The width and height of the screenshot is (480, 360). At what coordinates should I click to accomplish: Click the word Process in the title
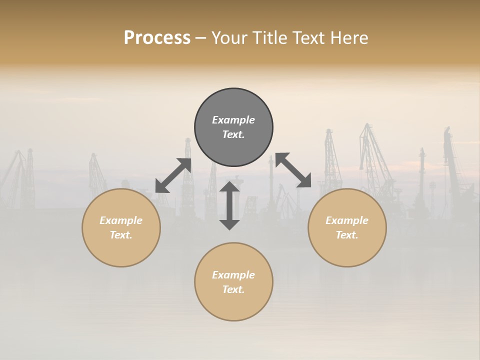157,38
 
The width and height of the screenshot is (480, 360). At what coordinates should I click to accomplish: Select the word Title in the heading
269,38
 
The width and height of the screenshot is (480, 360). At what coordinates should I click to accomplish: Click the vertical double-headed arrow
229,205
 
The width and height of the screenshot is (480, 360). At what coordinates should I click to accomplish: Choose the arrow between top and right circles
293,170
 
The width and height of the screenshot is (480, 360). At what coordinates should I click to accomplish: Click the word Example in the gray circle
233,120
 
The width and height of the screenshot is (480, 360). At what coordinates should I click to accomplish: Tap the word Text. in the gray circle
233,134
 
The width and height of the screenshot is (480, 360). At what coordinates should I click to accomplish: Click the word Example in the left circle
121,220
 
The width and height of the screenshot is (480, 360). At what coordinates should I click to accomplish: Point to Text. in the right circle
347,235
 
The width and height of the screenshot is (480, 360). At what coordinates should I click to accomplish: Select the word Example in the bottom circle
233,275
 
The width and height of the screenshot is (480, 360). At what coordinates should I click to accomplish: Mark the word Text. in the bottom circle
233,289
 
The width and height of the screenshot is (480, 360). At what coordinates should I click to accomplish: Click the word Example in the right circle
347,220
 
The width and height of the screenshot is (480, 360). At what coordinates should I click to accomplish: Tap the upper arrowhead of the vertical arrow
229,187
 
